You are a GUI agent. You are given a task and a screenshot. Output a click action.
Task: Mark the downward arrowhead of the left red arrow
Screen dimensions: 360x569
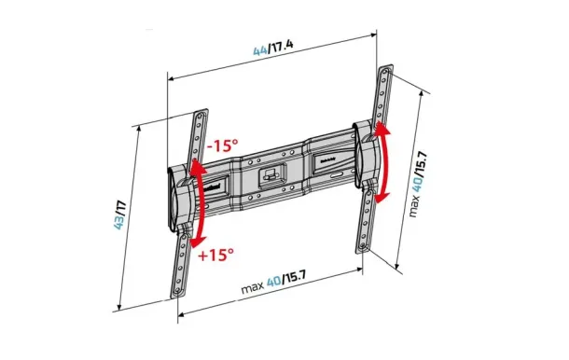tap(198, 240)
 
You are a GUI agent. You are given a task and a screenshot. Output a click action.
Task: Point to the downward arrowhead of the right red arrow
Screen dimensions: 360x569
tap(382, 200)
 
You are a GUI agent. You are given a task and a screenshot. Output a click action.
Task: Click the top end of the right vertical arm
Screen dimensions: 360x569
tap(385, 70)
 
